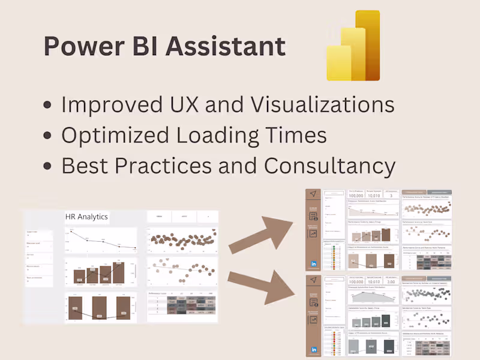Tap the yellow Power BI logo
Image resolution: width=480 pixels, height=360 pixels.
tap(353, 46)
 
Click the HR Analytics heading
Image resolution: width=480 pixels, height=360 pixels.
tap(87, 217)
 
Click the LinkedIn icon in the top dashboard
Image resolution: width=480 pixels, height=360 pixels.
tap(313, 263)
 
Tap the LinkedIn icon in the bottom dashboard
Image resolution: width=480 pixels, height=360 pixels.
tap(313, 350)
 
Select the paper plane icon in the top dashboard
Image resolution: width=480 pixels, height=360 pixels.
tap(313, 194)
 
